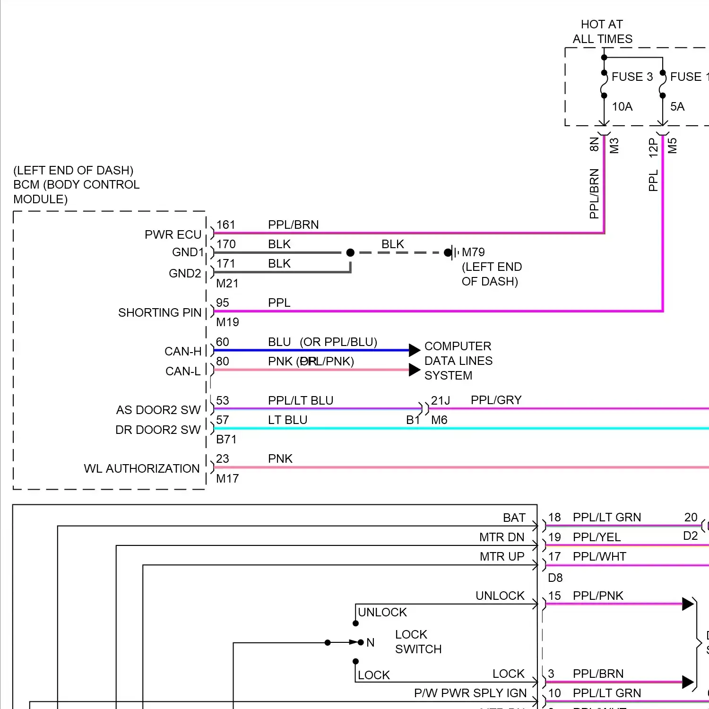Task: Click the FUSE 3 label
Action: pos(632,77)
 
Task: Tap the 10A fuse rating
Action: pos(622,107)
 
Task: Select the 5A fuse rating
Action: pos(677,107)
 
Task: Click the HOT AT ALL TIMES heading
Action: pos(602,32)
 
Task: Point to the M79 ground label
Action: pos(473,252)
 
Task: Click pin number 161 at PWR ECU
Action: pos(225,225)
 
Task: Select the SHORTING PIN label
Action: pos(160,312)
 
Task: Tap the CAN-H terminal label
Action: pos(182,351)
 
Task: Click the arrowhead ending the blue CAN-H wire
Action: pos(415,350)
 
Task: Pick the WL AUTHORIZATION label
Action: pos(142,468)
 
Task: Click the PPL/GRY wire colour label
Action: pos(496,400)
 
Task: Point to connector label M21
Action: pos(227,283)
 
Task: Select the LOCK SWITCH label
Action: pos(418,641)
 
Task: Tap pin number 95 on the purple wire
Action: pos(222,303)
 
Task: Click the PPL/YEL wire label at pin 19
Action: pos(597,537)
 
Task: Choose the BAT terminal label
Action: pos(514,518)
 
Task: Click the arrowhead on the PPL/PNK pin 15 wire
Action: pos(688,604)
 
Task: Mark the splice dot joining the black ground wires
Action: pos(350,252)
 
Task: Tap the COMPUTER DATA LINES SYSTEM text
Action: pos(458,361)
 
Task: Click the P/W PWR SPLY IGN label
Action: pos(470,693)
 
